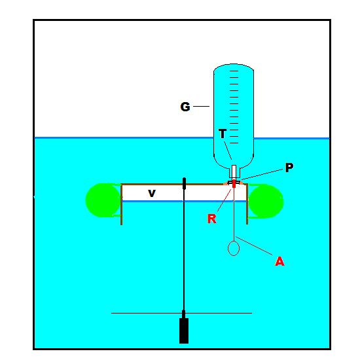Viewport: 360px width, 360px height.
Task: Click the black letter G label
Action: [x=185, y=107]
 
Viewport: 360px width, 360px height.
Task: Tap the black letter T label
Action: [x=223, y=134]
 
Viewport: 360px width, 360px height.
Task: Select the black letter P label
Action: [x=289, y=168]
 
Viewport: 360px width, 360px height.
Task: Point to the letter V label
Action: [x=152, y=193]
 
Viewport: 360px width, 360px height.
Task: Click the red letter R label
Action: [x=211, y=219]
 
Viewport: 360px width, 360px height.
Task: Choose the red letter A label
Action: [x=279, y=261]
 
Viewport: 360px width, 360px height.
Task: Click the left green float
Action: [x=103, y=200]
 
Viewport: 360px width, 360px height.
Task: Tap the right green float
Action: [x=266, y=201]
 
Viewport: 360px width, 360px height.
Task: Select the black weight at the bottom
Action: [x=184, y=330]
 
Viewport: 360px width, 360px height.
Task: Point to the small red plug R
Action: [x=234, y=184]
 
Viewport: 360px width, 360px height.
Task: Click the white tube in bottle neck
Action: [x=234, y=171]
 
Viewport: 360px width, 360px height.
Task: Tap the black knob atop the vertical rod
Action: [x=184, y=183]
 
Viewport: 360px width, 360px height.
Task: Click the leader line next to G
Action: [x=202, y=106]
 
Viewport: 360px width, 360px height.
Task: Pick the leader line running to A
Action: [x=254, y=246]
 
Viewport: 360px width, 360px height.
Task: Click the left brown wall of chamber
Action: [x=122, y=204]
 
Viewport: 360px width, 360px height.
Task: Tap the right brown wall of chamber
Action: [x=247, y=204]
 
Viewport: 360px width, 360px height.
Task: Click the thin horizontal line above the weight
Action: [x=181, y=313]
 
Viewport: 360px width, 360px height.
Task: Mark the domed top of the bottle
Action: [x=234, y=66]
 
